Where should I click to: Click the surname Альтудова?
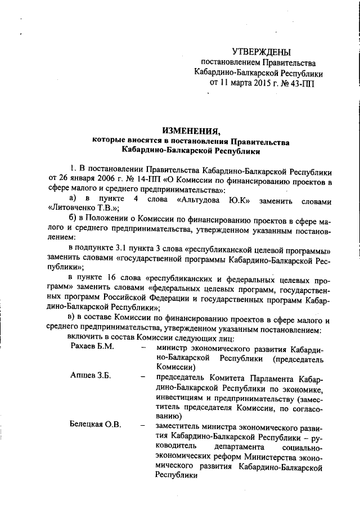199,201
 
